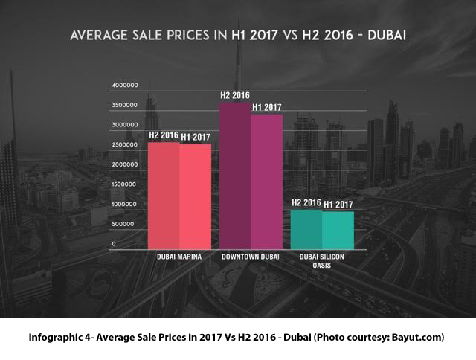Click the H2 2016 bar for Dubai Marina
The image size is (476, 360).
click(164, 195)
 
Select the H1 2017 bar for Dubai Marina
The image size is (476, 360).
click(196, 196)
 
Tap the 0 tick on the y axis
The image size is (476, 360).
click(114, 243)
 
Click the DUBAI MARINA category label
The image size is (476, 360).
click(181, 257)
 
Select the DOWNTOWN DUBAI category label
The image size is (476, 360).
click(251, 257)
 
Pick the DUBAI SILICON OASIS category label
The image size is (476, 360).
click(322, 260)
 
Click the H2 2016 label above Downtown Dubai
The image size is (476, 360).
click(234, 95)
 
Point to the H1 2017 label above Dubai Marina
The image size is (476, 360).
click(196, 137)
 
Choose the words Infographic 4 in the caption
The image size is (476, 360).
click(59, 337)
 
